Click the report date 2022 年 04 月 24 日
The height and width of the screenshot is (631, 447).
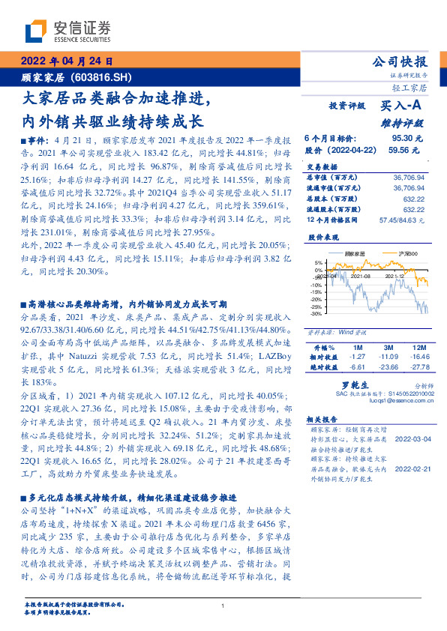click(x=66, y=61)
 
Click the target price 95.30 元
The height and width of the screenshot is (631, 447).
click(x=406, y=139)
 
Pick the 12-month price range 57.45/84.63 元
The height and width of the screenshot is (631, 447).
click(x=403, y=220)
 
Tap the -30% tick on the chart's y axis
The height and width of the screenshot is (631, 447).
click(x=318, y=314)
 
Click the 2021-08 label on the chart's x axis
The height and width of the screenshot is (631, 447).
click(x=361, y=276)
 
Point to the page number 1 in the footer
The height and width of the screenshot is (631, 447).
click(x=223, y=606)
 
